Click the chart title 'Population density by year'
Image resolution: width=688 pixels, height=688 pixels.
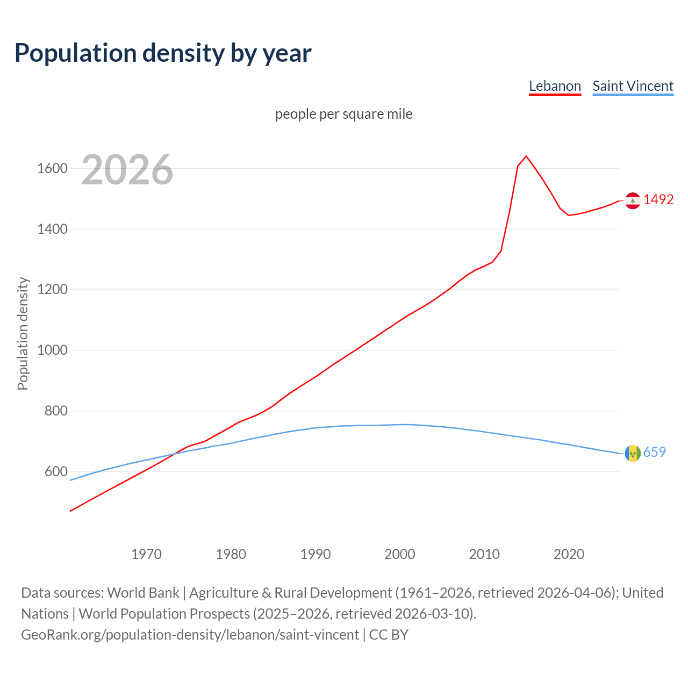point(163,53)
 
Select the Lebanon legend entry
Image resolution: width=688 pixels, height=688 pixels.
point(555,86)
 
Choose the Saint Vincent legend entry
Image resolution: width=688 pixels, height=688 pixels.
point(633,86)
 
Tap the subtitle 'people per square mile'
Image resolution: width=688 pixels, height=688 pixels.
point(344,114)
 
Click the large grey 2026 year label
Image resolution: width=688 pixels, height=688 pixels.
point(127,170)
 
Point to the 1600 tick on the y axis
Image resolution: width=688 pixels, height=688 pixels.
point(52,169)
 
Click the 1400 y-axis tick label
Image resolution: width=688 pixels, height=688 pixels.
point(52,230)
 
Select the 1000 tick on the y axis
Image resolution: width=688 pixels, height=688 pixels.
point(52,350)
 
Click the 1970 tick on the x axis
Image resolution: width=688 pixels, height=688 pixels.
point(146,554)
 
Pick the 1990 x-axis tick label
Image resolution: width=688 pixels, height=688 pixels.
point(316,554)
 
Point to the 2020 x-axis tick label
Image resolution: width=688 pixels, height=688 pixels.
point(569,554)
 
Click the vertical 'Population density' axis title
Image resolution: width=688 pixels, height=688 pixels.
point(23,333)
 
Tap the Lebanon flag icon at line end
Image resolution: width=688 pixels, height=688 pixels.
point(633,200)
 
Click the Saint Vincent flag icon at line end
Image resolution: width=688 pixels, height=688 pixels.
point(633,453)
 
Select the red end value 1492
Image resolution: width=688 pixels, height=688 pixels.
point(658,199)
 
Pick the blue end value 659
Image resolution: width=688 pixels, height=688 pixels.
point(654,452)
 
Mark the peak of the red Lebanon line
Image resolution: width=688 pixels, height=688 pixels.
point(526,156)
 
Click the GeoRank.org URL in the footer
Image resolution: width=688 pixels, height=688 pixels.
point(190,635)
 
